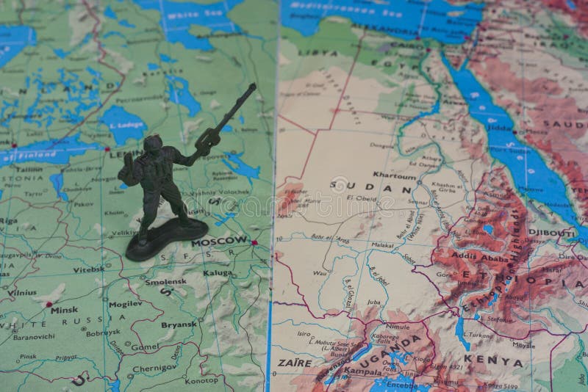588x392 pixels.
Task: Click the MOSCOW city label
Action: [x=220, y=240]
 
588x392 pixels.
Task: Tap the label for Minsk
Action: [x=64, y=310]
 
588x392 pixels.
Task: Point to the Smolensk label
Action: [x=165, y=281]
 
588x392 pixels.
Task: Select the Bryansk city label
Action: [x=179, y=324]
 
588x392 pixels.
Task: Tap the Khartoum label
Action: [x=395, y=175]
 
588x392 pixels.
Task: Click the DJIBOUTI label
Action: [x=552, y=232]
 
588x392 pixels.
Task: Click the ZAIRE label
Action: [x=294, y=362]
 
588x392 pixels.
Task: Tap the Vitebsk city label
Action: [x=88, y=269]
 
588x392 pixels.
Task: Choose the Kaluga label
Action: [x=218, y=272]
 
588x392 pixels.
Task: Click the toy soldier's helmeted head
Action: [x=153, y=145]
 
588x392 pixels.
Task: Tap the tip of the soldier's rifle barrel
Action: [x=254, y=85]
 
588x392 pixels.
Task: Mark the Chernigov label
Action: [x=154, y=368]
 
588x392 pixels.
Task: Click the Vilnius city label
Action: [x=22, y=292]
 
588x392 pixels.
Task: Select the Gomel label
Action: [x=145, y=346]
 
